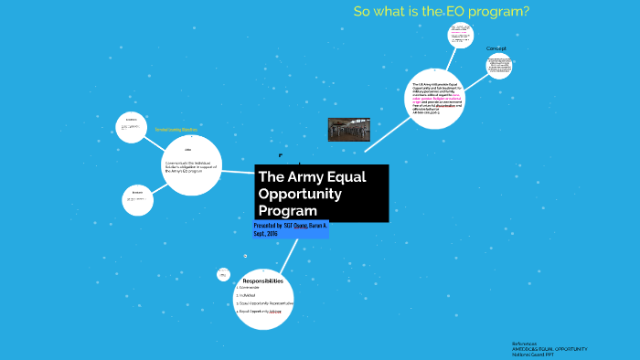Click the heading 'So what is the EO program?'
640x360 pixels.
442,12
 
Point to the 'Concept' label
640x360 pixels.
496,48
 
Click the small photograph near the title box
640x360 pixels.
348,129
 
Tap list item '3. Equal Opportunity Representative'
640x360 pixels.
265,303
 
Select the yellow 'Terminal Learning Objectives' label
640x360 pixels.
176,130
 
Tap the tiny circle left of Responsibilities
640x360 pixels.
223,274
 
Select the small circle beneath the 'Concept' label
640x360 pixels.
499,66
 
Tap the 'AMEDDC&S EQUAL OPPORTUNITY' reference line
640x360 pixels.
549,348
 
